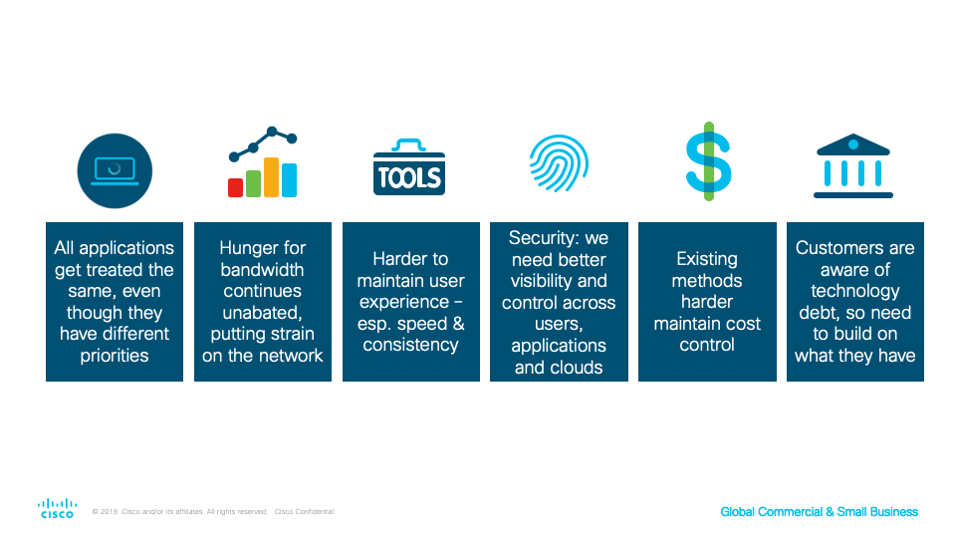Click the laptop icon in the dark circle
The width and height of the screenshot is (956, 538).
pyautogui.click(x=115, y=170)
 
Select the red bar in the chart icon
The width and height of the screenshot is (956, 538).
pyautogui.click(x=235, y=187)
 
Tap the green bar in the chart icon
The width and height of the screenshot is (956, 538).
pyautogui.click(x=253, y=183)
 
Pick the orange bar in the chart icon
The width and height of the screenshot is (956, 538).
pyautogui.click(x=271, y=177)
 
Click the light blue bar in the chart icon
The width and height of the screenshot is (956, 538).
pyautogui.click(x=289, y=180)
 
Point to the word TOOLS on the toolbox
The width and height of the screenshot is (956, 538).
pyautogui.click(x=409, y=177)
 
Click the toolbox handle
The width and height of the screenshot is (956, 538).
pyautogui.click(x=408, y=144)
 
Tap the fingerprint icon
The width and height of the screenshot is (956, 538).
pyautogui.click(x=559, y=162)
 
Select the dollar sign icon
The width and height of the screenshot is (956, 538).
pyautogui.click(x=708, y=161)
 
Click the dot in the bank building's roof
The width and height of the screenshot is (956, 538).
pyautogui.click(x=853, y=144)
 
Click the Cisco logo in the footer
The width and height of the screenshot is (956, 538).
pyautogui.click(x=58, y=508)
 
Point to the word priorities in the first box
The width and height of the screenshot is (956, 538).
pyautogui.click(x=115, y=356)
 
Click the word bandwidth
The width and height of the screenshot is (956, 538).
pyautogui.click(x=262, y=270)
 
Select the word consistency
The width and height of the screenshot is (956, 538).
pyautogui.click(x=410, y=346)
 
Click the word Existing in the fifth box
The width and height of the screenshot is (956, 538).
pyautogui.click(x=707, y=259)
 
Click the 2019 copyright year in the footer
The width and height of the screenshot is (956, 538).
pyautogui.click(x=110, y=512)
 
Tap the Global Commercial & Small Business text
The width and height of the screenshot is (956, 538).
pyautogui.click(x=819, y=512)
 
